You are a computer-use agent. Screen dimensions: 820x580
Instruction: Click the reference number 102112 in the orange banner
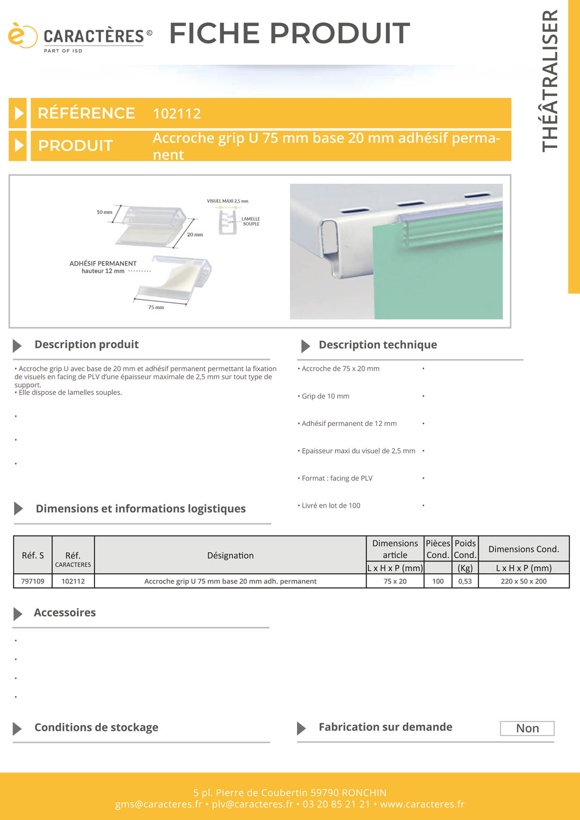177,114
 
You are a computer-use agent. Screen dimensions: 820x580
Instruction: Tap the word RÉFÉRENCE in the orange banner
87,113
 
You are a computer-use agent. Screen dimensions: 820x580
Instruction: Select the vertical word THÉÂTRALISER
550,80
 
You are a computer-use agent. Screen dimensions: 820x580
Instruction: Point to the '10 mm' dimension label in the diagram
104,212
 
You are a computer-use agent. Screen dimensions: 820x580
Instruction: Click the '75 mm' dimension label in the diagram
156,308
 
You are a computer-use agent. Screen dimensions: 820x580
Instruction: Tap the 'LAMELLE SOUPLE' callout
251,221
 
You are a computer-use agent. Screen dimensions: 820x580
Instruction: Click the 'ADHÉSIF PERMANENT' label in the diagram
103,264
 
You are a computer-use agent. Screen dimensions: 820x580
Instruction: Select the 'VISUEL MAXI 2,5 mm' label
227,201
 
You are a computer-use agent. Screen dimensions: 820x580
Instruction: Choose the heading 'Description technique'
377,345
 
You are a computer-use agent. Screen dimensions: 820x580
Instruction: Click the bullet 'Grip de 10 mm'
326,396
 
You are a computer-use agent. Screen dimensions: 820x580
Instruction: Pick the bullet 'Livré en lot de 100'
331,506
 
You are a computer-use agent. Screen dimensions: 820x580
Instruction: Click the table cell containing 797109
33,581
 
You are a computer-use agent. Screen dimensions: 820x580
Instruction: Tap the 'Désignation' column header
230,555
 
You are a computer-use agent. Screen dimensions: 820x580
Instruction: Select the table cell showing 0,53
465,581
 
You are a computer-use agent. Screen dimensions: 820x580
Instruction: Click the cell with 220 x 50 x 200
523,581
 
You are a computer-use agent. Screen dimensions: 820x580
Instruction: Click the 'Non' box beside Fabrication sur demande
527,728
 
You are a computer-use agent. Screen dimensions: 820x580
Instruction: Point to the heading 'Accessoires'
65,613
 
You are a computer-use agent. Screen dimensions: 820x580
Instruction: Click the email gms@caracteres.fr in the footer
159,804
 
